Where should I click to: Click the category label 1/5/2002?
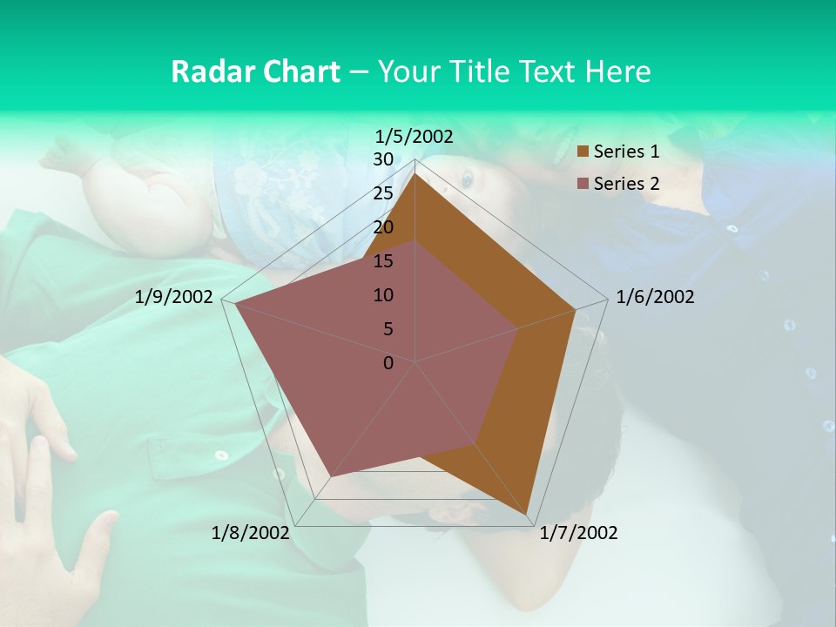click(415, 136)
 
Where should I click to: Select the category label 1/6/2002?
click(655, 297)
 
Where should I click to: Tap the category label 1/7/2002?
click(578, 533)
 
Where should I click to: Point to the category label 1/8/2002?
click(251, 533)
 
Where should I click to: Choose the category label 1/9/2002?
click(174, 297)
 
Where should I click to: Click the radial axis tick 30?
click(383, 159)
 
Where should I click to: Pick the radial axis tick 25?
click(383, 193)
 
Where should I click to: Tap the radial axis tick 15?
click(383, 261)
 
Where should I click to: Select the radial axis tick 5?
click(388, 329)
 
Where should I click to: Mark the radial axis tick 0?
click(388, 363)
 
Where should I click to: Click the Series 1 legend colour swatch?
click(583, 152)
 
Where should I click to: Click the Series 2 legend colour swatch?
click(583, 184)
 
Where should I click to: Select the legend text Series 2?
click(626, 184)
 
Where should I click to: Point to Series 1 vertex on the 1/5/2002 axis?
click(415, 173)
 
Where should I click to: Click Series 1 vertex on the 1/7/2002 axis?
click(527, 514)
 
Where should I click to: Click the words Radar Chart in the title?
click(255, 71)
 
